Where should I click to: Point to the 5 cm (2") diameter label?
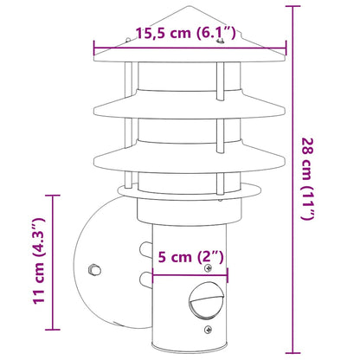[191, 258]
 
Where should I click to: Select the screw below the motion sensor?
[209, 330]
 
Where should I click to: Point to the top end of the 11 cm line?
[56, 195]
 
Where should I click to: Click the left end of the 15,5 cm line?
[88, 48]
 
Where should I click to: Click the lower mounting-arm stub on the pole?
[142, 280]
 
